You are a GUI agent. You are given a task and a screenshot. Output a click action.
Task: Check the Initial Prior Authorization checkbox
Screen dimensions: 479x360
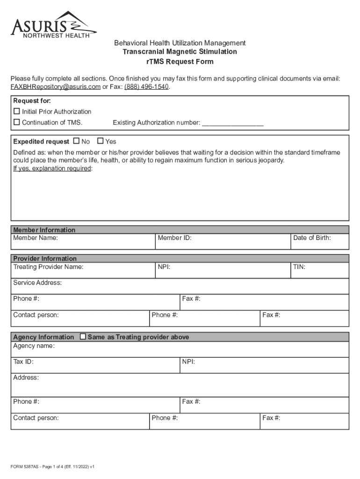click(17, 111)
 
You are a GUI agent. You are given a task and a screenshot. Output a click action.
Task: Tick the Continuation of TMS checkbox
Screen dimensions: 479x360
click(17, 123)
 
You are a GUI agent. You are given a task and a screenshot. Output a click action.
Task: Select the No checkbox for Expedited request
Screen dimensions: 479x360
click(77, 141)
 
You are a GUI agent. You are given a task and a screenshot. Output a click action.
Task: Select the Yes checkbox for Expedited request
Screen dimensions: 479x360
click(100, 141)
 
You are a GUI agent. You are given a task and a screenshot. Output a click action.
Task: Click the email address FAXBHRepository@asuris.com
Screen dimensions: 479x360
click(56, 87)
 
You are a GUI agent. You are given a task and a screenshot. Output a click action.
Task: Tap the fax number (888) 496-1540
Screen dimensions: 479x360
click(146, 87)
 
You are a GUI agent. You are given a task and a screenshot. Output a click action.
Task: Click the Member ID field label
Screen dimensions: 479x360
click(174, 238)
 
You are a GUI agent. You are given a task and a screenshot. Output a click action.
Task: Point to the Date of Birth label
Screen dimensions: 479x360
click(312, 238)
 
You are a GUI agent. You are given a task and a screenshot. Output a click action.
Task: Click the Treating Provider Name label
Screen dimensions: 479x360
click(48, 267)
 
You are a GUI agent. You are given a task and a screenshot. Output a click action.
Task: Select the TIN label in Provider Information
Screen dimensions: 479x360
click(299, 267)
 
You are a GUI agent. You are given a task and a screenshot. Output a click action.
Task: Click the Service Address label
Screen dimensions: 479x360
click(37, 283)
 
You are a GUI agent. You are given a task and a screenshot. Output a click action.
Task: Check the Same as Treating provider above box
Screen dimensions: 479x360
click(83, 337)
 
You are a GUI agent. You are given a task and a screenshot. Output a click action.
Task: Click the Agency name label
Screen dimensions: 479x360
click(34, 346)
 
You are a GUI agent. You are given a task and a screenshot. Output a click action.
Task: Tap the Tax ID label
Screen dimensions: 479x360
click(23, 362)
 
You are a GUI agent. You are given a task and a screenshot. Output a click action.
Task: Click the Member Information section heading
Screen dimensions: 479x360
click(44, 230)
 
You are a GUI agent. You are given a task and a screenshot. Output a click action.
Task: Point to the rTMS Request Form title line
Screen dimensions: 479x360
click(180, 62)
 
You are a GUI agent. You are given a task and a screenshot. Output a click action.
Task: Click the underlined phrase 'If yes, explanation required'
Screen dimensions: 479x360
click(52, 168)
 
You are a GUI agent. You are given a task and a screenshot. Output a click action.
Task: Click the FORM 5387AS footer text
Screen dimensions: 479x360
click(53, 467)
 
